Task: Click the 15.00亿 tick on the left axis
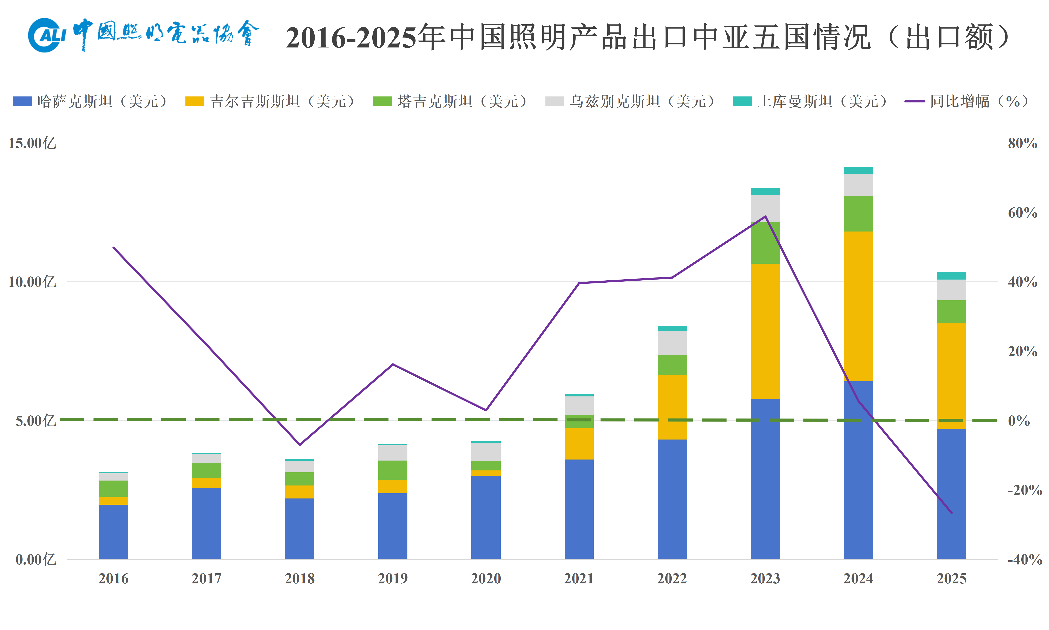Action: (32, 143)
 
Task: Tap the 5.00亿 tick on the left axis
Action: (36, 421)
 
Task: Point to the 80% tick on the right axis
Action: (1023, 143)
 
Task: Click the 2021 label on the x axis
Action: (579, 579)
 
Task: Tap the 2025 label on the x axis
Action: (951, 579)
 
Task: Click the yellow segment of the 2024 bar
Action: (858, 307)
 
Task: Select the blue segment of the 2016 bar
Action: (113, 532)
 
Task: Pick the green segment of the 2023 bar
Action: (765, 243)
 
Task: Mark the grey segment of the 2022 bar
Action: (672, 343)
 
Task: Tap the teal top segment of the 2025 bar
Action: (951, 275)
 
